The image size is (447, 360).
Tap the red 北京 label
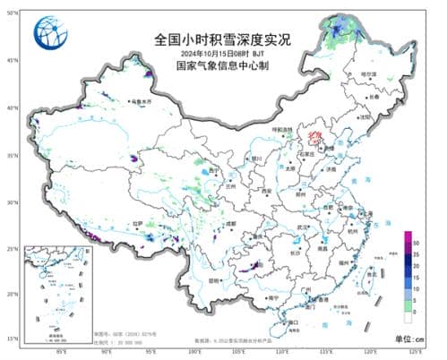coord(312,135)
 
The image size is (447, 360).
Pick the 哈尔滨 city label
coord(368,73)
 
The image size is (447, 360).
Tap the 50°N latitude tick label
coord(12,13)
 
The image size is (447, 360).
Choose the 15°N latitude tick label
coord(12,339)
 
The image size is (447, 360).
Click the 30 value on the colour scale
coord(417,241)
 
